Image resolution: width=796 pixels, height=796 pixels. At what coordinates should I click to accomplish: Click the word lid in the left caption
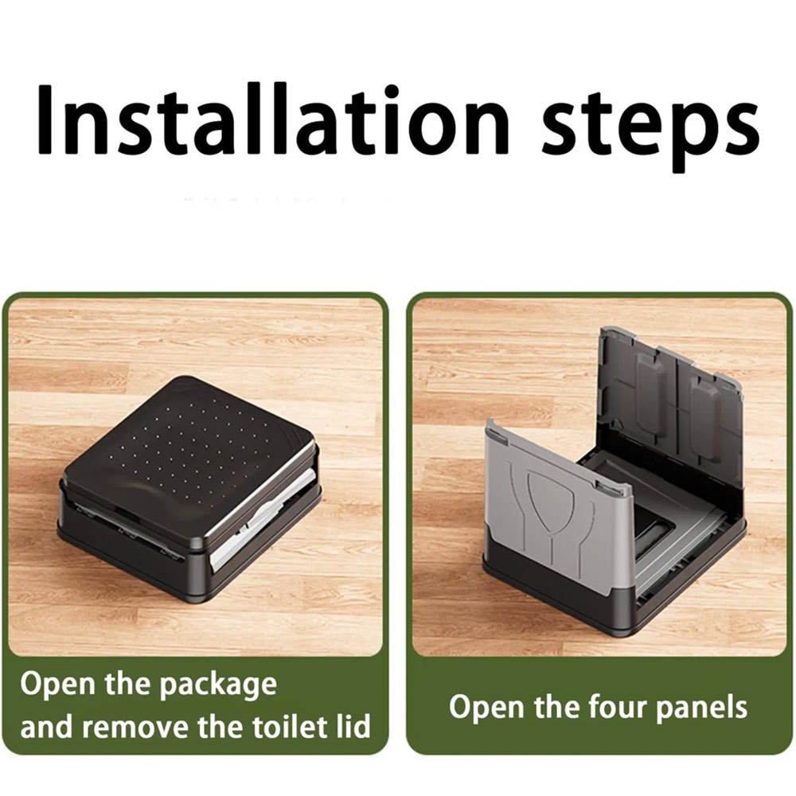[353, 727]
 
